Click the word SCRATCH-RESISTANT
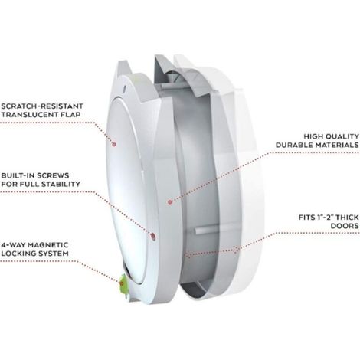[42, 106]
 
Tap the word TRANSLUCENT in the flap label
[29, 115]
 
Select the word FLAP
[70, 115]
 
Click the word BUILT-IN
[19, 175]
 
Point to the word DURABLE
[294, 145]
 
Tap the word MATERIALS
[337, 145]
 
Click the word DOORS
[345, 226]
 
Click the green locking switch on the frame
[123, 283]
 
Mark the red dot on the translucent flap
[114, 144]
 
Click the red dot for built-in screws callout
[152, 237]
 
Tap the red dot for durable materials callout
[170, 202]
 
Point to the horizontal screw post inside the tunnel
[207, 230]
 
